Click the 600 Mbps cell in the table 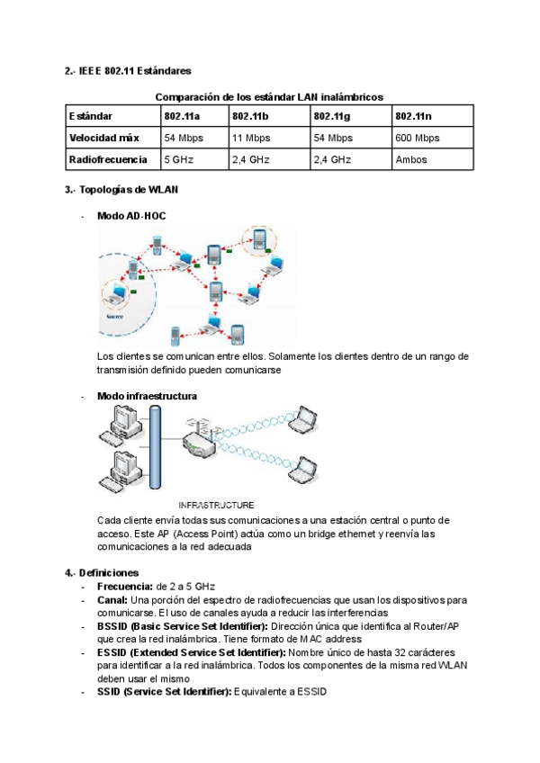417,138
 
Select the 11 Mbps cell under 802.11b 251,138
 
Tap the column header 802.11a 182,116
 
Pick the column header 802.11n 413,116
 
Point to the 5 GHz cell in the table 179,159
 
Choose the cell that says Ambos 410,159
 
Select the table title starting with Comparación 269,96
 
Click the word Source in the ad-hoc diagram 114,317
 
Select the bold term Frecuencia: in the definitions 125,586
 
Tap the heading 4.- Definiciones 102,572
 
